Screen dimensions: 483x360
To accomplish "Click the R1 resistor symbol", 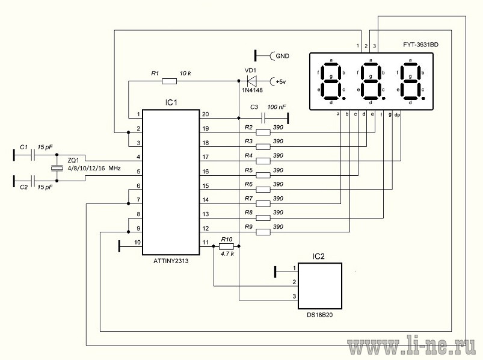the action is (x=169, y=81).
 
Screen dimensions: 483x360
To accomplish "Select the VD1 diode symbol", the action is (x=251, y=81).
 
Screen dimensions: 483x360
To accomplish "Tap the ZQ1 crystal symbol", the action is (x=57, y=168).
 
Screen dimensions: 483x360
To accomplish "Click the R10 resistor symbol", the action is (x=226, y=246).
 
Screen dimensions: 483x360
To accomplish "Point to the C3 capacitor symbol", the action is (x=263, y=117).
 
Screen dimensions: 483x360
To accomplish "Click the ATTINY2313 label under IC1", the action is (x=171, y=261).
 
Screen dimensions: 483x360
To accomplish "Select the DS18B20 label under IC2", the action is (x=319, y=315).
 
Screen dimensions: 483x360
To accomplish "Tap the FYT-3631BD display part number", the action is (x=420, y=45).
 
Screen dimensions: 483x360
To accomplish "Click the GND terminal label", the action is (x=283, y=56).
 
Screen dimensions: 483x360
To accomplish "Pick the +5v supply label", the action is (x=281, y=82).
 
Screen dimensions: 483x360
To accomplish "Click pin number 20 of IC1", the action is (x=205, y=114).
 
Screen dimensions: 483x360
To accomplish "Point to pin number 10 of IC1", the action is (x=137, y=242).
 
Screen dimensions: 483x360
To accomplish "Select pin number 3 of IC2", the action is (x=294, y=296).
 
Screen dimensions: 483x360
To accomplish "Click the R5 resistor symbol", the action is (x=263, y=175).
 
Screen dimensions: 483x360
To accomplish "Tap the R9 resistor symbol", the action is (x=263, y=232).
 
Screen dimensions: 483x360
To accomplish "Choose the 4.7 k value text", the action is (x=227, y=254).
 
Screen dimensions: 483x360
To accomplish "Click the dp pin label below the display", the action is (x=397, y=114).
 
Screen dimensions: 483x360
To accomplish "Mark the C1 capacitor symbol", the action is (x=33, y=156).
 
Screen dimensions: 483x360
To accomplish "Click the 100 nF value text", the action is (x=277, y=107).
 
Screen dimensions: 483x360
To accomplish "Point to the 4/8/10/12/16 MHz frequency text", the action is (x=94, y=169).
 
